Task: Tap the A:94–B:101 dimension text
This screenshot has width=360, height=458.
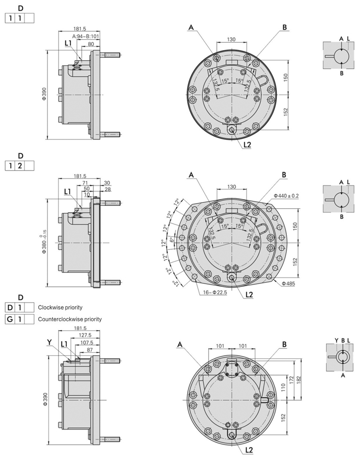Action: click(x=86, y=36)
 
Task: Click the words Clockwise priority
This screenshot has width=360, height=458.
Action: click(x=60, y=308)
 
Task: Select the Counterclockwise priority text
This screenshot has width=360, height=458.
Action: click(x=70, y=319)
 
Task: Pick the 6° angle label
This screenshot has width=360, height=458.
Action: click(x=171, y=240)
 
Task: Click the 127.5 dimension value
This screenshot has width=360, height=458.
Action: click(x=84, y=335)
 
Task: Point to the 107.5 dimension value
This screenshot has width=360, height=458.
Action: click(x=86, y=343)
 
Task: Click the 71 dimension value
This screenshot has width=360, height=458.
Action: click(x=85, y=182)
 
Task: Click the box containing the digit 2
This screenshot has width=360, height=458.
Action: click(x=19, y=165)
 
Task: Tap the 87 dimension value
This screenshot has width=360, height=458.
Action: click(x=90, y=350)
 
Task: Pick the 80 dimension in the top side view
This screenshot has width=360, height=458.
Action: click(x=91, y=44)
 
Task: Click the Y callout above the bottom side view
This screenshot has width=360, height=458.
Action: click(x=49, y=342)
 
